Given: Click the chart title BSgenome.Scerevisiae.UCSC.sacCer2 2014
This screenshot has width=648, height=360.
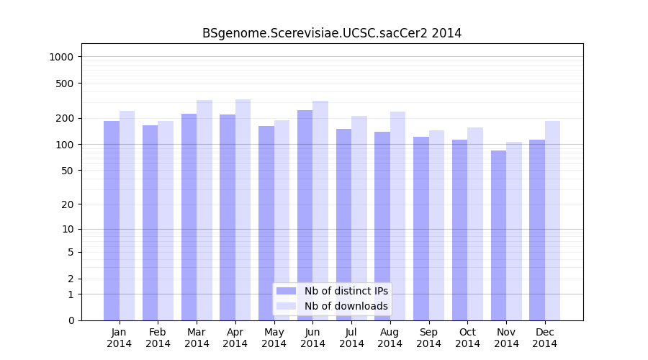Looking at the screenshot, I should point(332,33).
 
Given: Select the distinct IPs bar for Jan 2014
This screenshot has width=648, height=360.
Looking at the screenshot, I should point(112,220).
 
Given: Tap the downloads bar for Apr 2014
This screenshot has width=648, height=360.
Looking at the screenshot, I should point(243,210).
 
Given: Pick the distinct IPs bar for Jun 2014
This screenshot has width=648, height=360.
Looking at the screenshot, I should point(305,215).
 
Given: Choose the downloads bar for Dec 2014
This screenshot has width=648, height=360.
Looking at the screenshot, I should point(552,220).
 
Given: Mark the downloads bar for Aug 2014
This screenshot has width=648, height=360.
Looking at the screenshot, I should point(397,216).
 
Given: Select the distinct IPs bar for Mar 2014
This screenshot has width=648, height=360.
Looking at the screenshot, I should point(189,217).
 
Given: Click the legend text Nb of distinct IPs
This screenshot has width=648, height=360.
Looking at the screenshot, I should point(346,291).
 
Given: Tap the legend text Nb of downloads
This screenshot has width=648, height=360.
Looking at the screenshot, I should point(346,306).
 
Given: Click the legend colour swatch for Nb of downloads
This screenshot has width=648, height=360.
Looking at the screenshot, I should point(287,306).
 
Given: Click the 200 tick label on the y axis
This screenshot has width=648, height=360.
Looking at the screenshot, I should point(66,118).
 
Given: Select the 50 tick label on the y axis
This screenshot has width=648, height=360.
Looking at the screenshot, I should point(68,171).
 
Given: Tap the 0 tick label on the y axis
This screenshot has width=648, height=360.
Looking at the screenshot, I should point(71,320).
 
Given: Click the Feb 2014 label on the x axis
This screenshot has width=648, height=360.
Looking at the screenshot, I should point(158,338).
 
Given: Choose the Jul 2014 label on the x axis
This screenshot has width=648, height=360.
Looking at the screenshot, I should point(351,338).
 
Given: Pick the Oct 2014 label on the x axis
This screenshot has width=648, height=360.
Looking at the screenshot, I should point(467,338).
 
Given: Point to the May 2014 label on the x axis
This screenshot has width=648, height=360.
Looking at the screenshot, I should point(274,338).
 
